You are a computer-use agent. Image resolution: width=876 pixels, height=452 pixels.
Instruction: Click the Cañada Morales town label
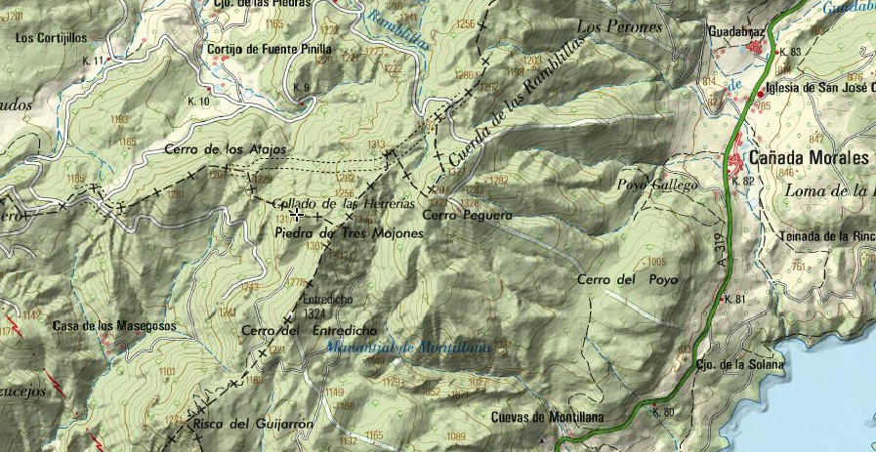(808, 157)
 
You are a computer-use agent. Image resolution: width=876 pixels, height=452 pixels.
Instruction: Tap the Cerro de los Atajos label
(226, 148)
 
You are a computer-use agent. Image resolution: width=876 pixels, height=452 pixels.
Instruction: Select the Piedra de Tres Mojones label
(350, 234)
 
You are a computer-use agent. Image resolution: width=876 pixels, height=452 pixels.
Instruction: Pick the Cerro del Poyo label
(627, 280)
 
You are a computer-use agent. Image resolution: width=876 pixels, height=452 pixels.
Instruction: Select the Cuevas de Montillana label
(547, 418)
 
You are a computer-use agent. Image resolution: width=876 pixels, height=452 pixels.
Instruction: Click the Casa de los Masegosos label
(114, 325)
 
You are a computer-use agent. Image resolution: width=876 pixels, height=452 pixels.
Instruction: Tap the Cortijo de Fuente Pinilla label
(270, 48)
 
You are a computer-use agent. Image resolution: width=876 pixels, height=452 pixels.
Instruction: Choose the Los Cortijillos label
(52, 37)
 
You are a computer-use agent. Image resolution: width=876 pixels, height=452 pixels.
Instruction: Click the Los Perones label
(619, 26)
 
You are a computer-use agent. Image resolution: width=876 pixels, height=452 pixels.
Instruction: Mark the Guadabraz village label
(736, 31)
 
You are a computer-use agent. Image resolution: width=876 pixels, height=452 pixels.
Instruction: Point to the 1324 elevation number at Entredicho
(313, 313)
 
